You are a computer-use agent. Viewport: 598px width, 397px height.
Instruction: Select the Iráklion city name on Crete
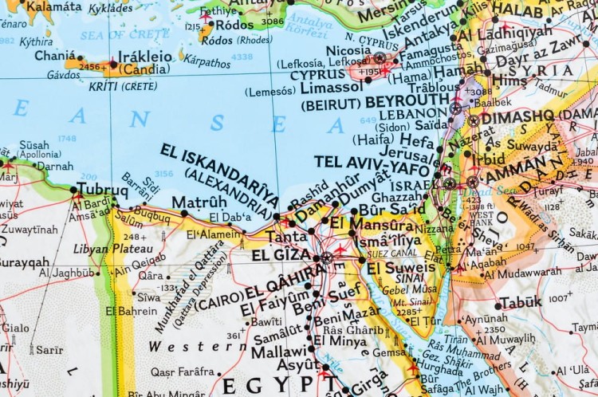(145, 57)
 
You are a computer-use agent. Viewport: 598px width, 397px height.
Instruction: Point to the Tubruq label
(102, 190)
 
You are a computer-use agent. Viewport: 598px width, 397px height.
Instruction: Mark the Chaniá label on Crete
(57, 56)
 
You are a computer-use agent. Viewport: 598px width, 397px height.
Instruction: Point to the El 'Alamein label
(213, 234)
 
